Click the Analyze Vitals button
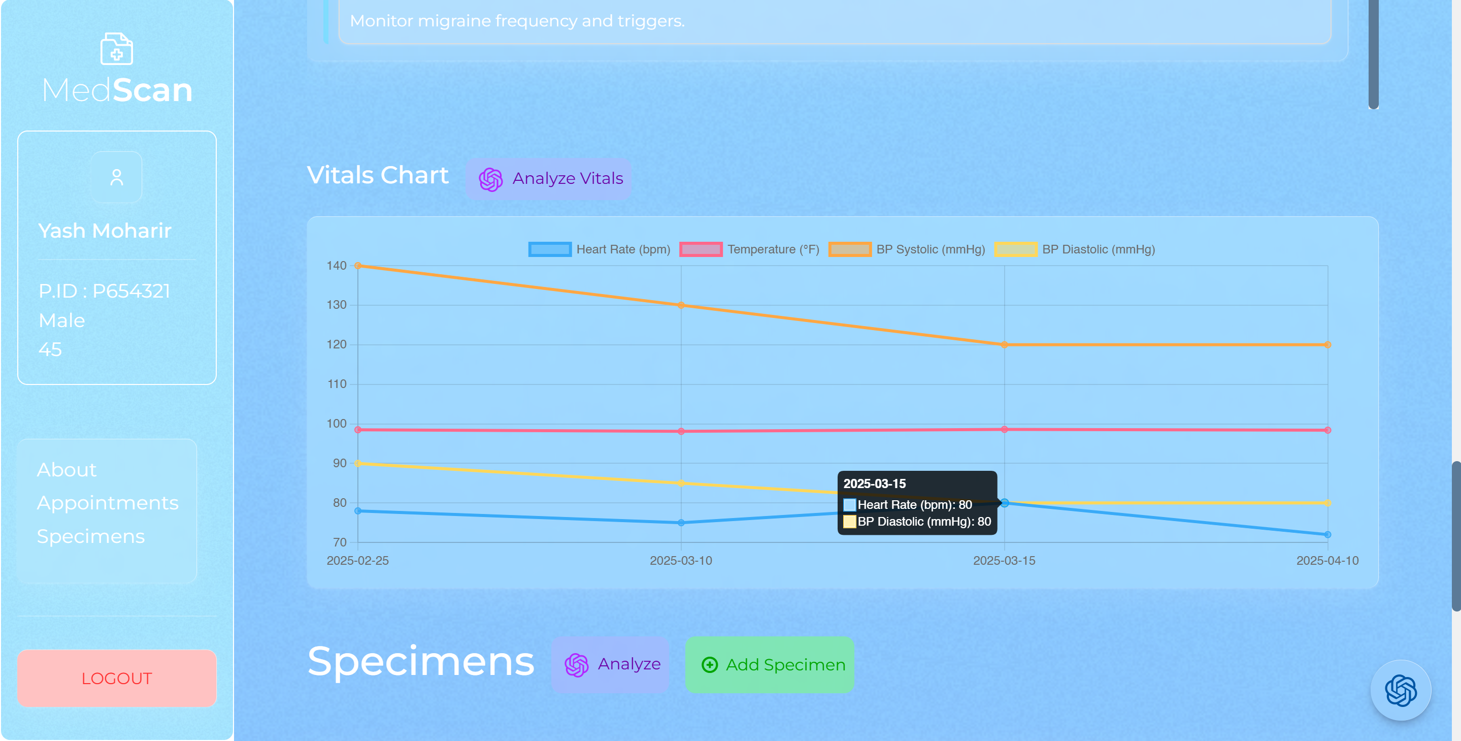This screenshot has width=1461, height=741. tap(549, 179)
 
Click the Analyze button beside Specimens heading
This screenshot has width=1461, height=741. tap(610, 664)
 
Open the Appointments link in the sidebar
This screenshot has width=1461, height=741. tap(108, 503)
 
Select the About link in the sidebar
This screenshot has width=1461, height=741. tap(67, 470)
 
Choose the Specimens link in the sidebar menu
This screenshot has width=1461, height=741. tap(91, 536)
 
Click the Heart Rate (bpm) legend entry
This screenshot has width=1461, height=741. tap(599, 250)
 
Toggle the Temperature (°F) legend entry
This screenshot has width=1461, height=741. tap(749, 250)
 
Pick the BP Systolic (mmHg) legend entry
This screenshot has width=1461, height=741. tap(906, 250)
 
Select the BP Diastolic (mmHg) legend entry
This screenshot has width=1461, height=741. tap(1074, 250)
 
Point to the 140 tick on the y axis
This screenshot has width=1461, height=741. tap(337, 266)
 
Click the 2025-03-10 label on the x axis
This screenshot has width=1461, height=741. tap(681, 561)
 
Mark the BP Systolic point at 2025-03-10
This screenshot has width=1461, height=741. tap(681, 305)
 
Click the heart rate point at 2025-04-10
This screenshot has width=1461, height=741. tap(1327, 534)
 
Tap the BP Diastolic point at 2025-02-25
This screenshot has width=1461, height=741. tap(358, 464)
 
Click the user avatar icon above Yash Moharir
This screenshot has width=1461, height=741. tap(117, 178)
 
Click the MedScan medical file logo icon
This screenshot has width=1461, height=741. tap(117, 49)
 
